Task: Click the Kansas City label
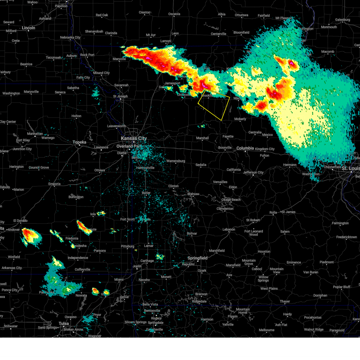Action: pos(133,138)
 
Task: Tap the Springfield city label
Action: pos(197,258)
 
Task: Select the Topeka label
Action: pos(79,142)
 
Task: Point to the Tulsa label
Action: pos(64,323)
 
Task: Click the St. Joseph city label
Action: pos(120,96)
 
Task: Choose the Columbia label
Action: pos(245,148)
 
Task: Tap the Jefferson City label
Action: pos(253,172)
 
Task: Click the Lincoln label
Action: pos(28,28)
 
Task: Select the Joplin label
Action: pos(137,266)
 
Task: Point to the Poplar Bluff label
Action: pos(341,287)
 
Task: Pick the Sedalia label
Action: pos(201,165)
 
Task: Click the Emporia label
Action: pos(54,184)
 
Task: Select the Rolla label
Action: pos(273,212)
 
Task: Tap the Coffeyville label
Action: pos(82,269)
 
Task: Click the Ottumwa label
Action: pos(241,15)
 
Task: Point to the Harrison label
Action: pos(207,319)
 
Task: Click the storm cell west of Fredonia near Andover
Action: pos(30,235)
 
